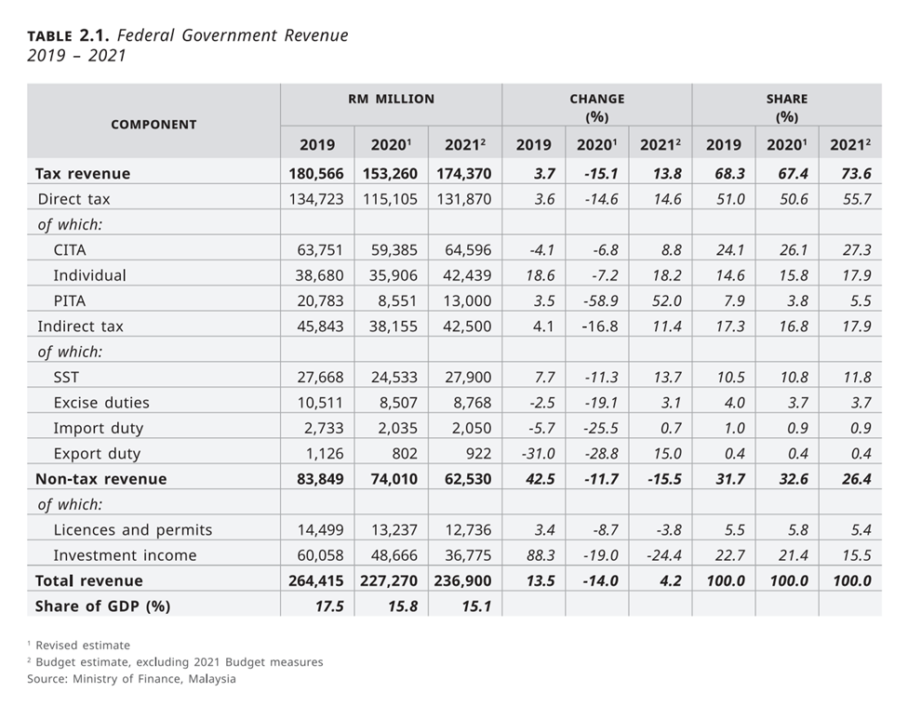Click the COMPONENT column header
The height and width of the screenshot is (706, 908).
coord(154,124)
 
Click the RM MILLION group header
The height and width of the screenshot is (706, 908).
coord(391,99)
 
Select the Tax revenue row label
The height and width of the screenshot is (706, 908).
coord(83,173)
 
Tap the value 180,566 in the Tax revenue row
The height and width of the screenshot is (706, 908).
coord(316,173)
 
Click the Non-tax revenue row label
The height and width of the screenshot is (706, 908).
coord(100,479)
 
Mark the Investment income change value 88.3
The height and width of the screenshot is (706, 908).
coord(536,555)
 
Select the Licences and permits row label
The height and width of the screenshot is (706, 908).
coord(132,530)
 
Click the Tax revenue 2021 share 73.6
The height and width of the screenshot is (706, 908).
coord(850,173)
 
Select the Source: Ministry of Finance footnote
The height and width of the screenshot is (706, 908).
coord(131,678)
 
